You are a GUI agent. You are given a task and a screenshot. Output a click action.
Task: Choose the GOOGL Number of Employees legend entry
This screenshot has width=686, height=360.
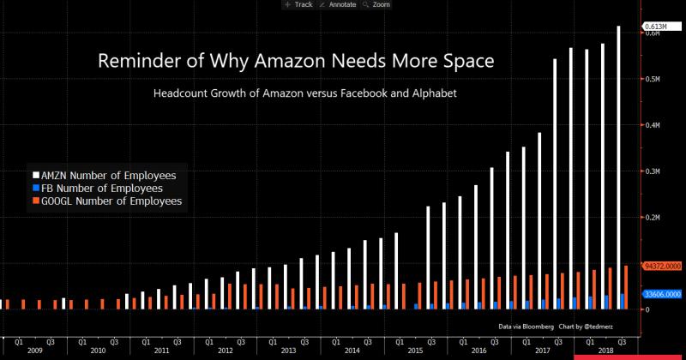[108, 201]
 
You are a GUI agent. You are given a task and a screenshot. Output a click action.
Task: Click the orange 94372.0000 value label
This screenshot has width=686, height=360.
[662, 266]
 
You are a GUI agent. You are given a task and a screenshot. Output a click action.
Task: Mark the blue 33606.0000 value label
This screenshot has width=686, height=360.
[662, 293]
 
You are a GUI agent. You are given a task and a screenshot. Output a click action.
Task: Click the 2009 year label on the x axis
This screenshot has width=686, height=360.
[34, 351]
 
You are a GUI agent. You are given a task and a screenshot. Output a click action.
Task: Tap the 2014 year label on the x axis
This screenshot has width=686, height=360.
[352, 351]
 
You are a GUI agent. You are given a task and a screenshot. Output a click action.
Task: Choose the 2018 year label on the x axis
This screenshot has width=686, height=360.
[605, 351]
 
